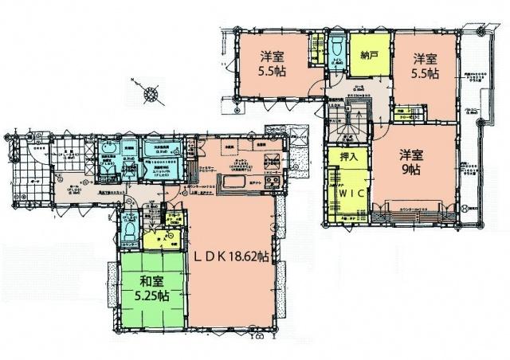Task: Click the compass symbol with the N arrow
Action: [148, 95]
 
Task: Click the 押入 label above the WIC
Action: [347, 159]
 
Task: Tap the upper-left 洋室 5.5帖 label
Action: [273, 62]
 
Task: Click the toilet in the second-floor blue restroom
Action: [335, 44]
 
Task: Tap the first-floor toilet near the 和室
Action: [127, 229]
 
